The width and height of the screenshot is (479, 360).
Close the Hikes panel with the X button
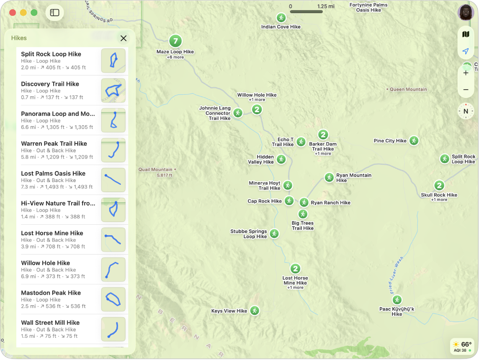124,39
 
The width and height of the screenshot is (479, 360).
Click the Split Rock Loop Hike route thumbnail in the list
113,61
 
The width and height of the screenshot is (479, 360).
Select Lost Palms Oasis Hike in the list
53,173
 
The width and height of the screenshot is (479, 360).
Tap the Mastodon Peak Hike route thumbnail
113,299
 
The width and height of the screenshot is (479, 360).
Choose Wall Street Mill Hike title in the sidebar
50,323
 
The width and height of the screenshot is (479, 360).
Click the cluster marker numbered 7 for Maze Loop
175,41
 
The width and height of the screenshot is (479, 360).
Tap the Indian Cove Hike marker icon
281,18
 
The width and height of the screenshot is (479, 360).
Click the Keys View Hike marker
254,311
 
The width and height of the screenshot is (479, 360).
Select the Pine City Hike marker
414,141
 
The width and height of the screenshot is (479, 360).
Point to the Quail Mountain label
155,170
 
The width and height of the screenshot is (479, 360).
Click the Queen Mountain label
408,89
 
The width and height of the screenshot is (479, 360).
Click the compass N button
466,111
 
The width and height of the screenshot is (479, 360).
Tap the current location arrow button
466,51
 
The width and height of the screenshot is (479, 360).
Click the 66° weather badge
462,347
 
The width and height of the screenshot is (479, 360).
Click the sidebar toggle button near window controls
55,13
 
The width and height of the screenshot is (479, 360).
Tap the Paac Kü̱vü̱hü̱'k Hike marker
397,300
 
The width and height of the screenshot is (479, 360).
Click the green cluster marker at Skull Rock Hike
439,185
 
